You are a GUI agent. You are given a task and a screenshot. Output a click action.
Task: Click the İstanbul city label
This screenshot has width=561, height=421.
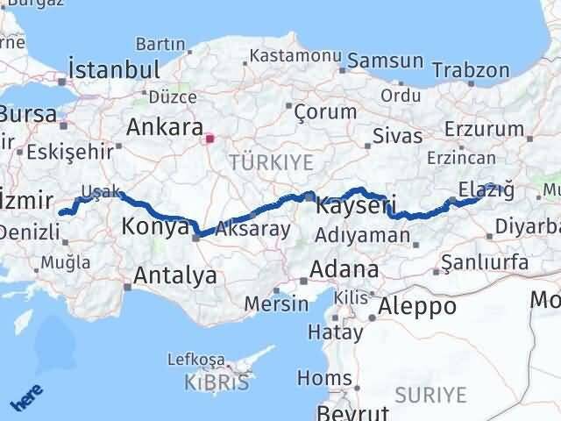[115, 69]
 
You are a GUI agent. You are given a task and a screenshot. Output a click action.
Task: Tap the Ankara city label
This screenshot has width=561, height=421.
[165, 126]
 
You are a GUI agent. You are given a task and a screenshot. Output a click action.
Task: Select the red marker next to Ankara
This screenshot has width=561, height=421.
[209, 138]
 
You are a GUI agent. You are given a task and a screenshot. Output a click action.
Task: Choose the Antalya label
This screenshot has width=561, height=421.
[175, 276]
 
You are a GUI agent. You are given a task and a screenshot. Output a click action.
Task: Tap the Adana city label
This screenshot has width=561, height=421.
[348, 268]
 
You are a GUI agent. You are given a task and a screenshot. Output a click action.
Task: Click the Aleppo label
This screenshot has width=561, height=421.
[416, 306]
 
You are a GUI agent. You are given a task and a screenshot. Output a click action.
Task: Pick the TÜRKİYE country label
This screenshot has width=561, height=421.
[259, 162]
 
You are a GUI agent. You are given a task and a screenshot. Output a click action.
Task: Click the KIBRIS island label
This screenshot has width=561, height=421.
[216, 383]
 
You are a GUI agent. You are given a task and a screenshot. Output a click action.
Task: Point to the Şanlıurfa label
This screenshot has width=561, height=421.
[485, 263]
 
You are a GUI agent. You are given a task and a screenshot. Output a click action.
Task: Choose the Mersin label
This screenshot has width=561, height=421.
[278, 304]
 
